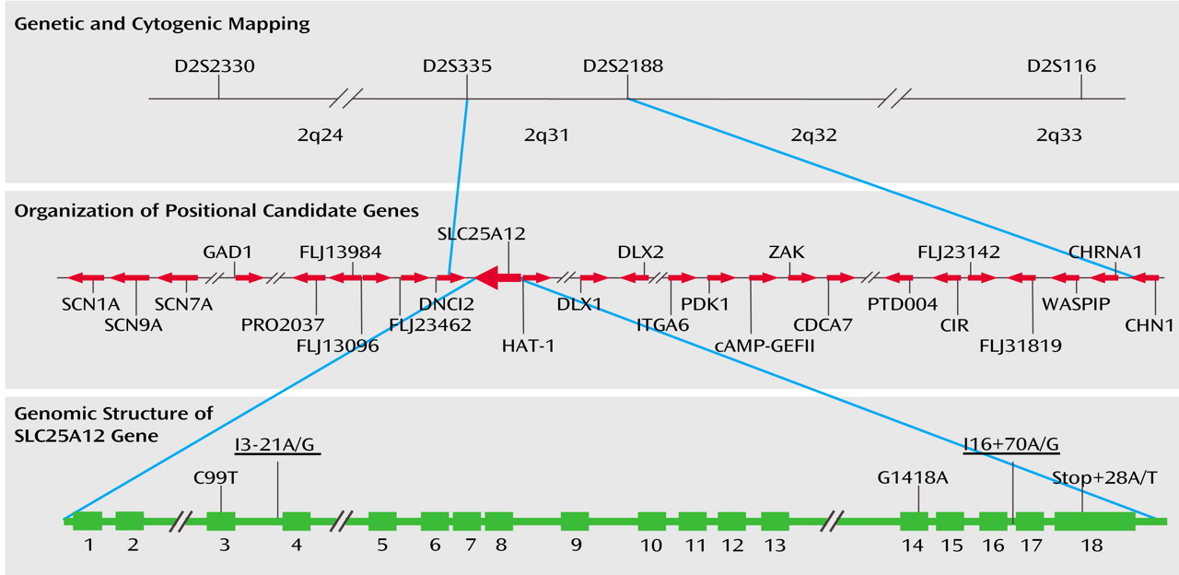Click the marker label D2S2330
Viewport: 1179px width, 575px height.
pos(215,66)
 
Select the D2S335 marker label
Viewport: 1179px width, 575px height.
pos(457,66)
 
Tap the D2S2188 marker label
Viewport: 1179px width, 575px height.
pos(623,66)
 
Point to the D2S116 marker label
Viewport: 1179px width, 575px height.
pos(1061,66)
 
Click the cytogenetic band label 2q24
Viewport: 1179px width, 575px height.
pos(321,135)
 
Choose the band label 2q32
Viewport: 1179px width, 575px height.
pos(813,135)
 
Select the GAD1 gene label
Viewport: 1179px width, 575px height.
pos(228,252)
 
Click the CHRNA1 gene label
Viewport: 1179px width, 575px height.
pos(1104,252)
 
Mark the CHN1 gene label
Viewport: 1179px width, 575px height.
pos(1150,324)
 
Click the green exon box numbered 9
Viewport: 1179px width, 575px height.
pos(575,521)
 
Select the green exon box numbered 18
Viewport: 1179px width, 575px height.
pos(1094,521)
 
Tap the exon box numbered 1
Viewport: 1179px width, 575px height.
pos(88,521)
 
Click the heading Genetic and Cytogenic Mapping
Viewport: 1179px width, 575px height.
pos(162,24)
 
